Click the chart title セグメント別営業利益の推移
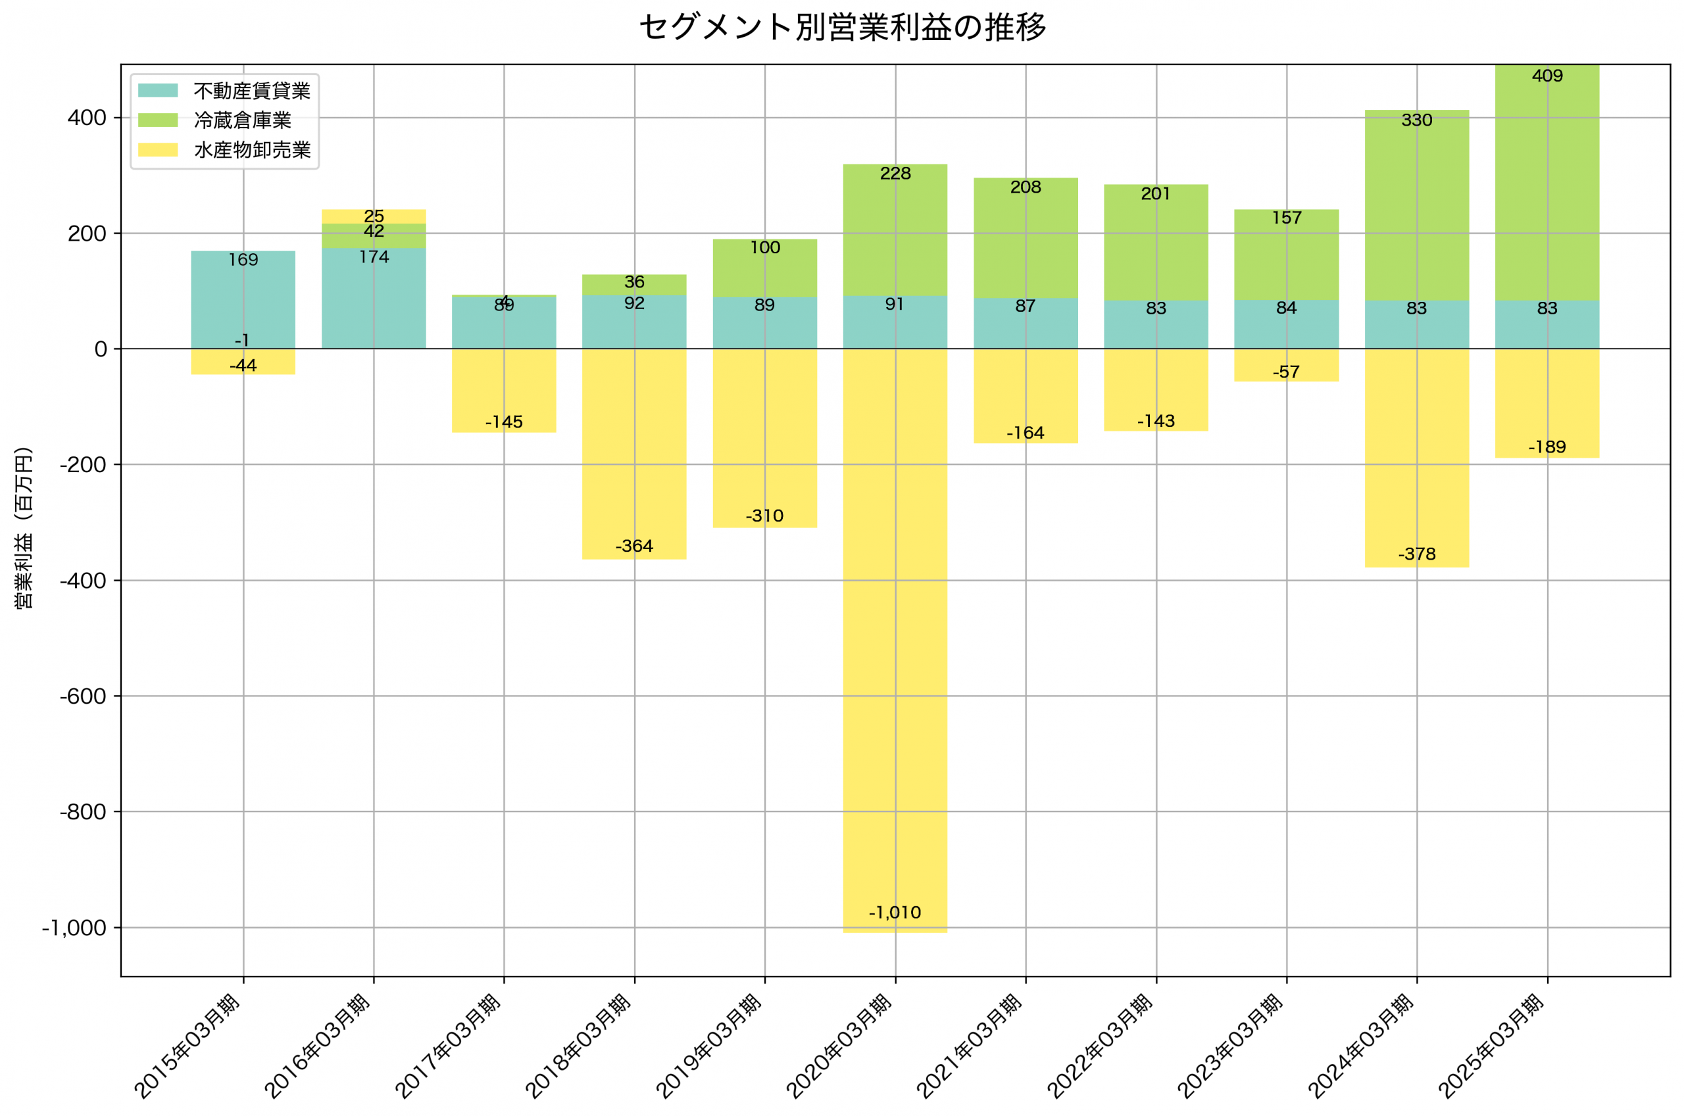coord(842,27)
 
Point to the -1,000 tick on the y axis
coord(74,928)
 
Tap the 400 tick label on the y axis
coord(87,118)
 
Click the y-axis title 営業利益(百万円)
coord(24,527)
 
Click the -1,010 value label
coord(895,912)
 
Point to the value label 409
coord(1547,76)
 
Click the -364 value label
coord(634,546)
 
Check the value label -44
coord(243,366)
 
